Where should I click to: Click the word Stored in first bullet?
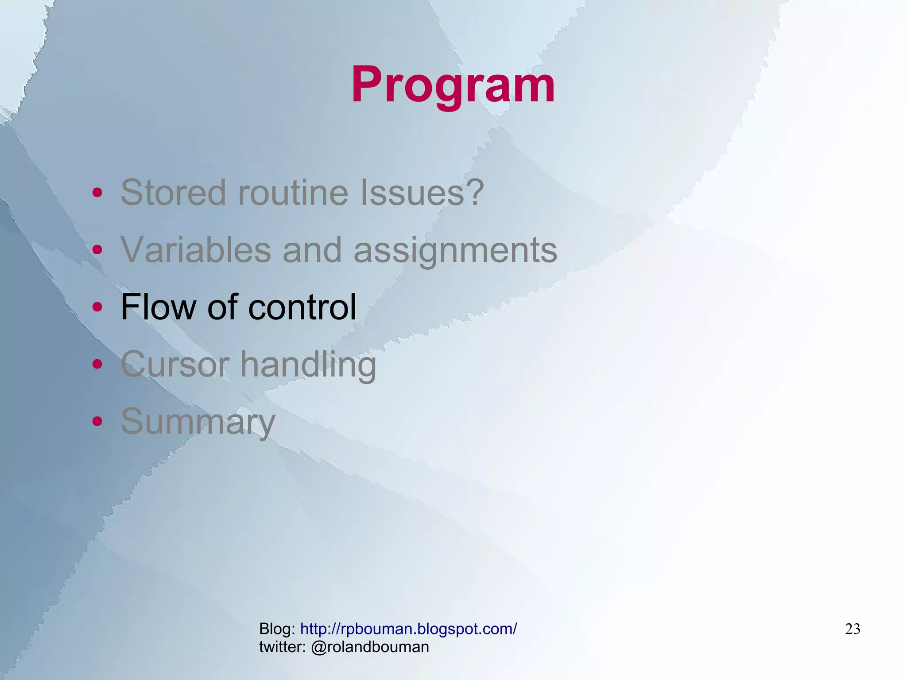pyautogui.click(x=173, y=193)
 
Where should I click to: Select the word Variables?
pyautogui.click(x=195, y=249)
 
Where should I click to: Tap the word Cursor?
pyautogui.click(x=174, y=364)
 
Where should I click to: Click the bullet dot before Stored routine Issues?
pyautogui.click(x=97, y=193)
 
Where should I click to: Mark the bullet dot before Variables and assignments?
pyautogui.click(x=97, y=250)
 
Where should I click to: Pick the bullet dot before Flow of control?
pyautogui.click(x=97, y=307)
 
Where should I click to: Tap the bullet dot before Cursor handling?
pyautogui.click(x=97, y=364)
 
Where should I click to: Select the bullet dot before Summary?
pyautogui.click(x=97, y=421)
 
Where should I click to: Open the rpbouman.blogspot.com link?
pyautogui.click(x=408, y=629)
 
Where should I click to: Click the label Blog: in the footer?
pyautogui.click(x=277, y=629)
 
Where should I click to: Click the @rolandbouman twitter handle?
pyautogui.click(x=370, y=647)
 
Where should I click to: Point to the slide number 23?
pyautogui.click(x=853, y=629)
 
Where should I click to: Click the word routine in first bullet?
pyautogui.click(x=293, y=193)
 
